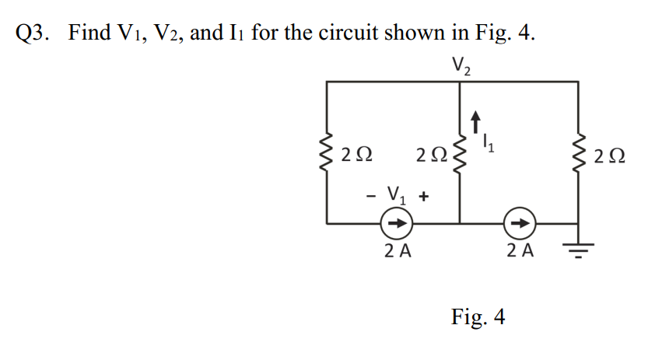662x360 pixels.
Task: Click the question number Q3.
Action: pyautogui.click(x=34, y=34)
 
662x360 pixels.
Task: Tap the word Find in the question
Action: pyautogui.click(x=88, y=34)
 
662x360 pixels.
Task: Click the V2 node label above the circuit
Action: pyautogui.click(x=461, y=66)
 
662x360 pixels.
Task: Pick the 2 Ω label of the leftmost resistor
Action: pyautogui.click(x=356, y=155)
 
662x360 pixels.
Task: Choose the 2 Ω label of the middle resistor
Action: pyautogui.click(x=431, y=155)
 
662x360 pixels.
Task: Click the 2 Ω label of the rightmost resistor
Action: pyautogui.click(x=608, y=155)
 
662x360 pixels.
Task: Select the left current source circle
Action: pyautogui.click(x=396, y=224)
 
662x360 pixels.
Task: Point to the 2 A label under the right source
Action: pyautogui.click(x=519, y=251)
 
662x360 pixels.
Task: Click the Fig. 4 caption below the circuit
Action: pyautogui.click(x=478, y=317)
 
